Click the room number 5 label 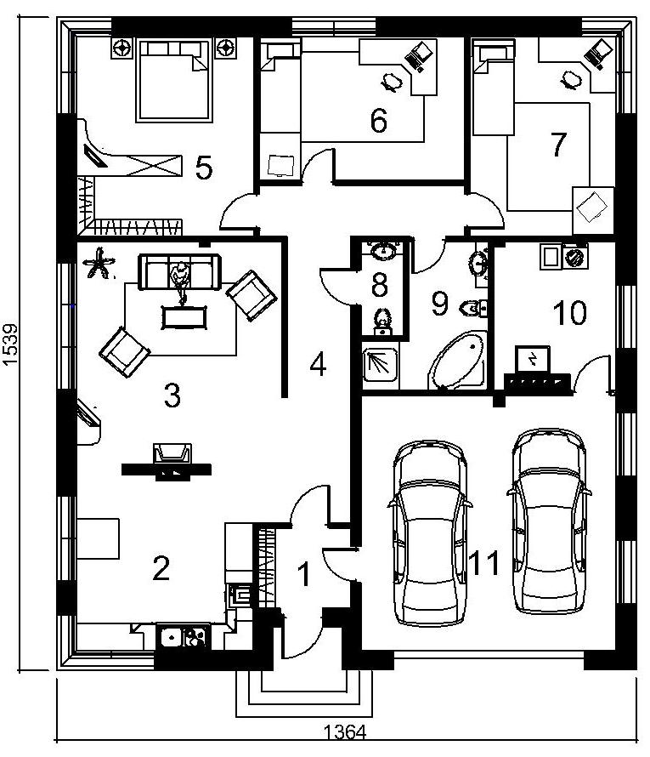pyautogui.click(x=204, y=168)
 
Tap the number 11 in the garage pyautogui.click(x=484, y=563)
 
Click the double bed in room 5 pyautogui.click(x=174, y=80)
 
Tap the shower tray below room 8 pyautogui.click(x=381, y=365)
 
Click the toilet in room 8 pyautogui.click(x=383, y=321)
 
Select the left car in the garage pyautogui.click(x=430, y=533)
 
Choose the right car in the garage pyautogui.click(x=549, y=521)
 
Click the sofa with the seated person pyautogui.click(x=179, y=272)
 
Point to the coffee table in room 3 pyautogui.click(x=184, y=317)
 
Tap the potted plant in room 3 pyautogui.click(x=99, y=263)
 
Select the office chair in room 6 pyautogui.click(x=392, y=82)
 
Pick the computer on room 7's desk pyautogui.click(x=598, y=53)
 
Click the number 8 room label pyautogui.click(x=380, y=284)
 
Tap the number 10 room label pyautogui.click(x=569, y=312)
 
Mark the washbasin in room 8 pyautogui.click(x=383, y=250)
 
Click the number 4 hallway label pyautogui.click(x=319, y=364)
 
